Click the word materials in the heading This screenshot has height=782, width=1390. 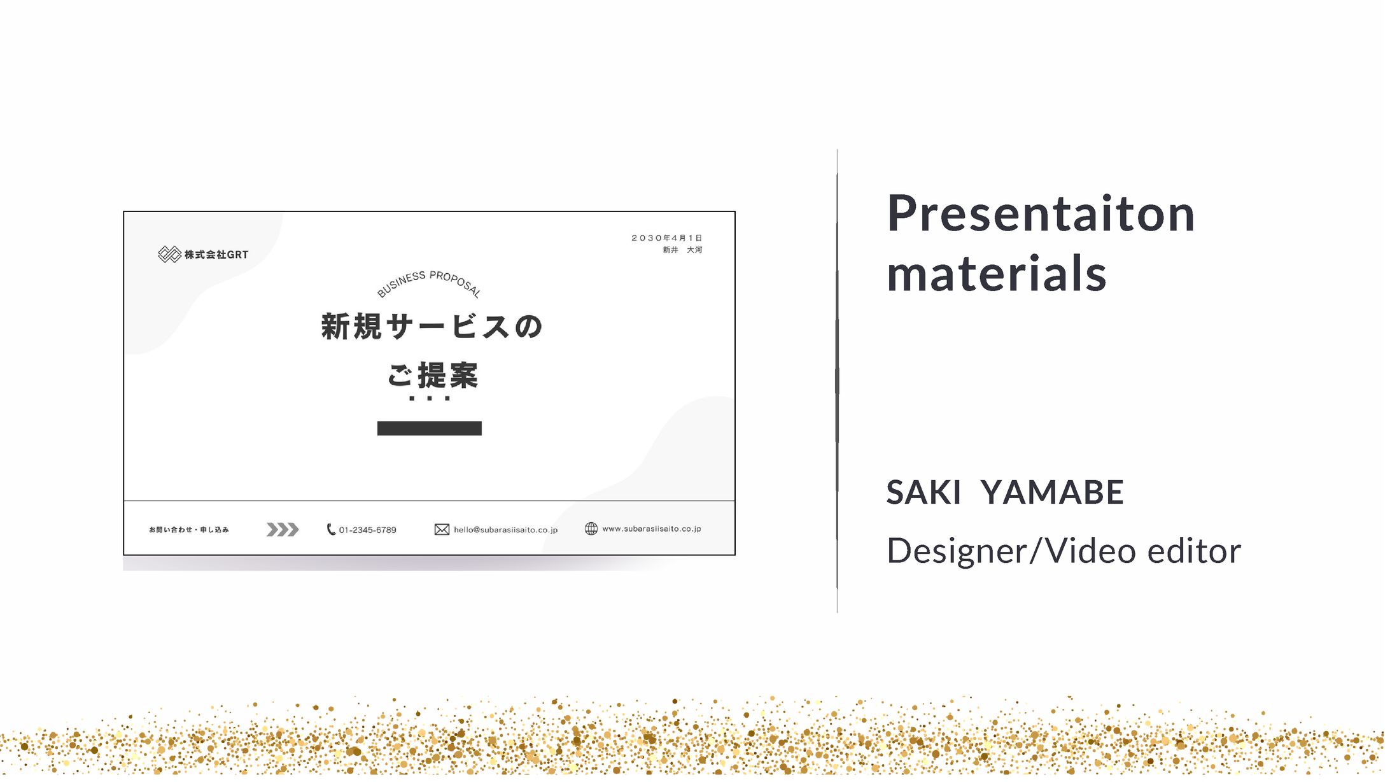click(x=997, y=273)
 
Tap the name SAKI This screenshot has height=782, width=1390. click(x=923, y=492)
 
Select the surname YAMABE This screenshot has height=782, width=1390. click(x=1053, y=492)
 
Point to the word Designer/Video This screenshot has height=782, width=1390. click(x=1011, y=551)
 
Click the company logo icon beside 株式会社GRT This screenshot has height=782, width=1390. click(x=169, y=255)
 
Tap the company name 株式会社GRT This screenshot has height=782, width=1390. click(x=216, y=255)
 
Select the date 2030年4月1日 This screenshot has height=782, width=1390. click(x=666, y=238)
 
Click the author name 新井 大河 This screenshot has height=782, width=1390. click(x=682, y=250)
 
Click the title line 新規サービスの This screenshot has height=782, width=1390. click(x=432, y=327)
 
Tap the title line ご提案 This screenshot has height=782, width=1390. click(x=433, y=375)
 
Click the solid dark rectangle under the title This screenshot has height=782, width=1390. click(x=430, y=429)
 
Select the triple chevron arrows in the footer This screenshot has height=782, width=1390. click(x=282, y=530)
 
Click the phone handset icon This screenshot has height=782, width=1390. click(x=331, y=529)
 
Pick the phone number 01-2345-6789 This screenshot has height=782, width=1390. click(x=367, y=530)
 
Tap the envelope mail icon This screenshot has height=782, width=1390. click(x=442, y=530)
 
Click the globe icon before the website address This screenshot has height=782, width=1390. click(x=591, y=529)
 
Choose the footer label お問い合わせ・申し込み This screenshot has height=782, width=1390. click(x=189, y=530)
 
